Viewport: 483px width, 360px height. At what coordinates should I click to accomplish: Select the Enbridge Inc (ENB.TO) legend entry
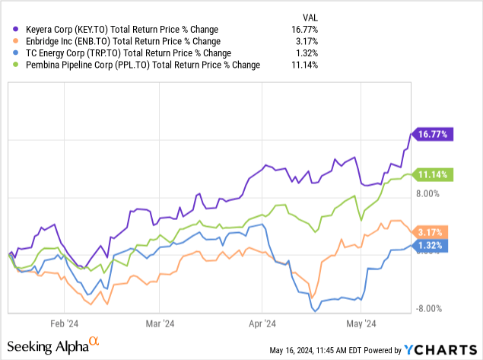click(x=115, y=41)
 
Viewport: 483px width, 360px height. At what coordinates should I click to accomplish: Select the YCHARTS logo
click(x=440, y=350)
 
